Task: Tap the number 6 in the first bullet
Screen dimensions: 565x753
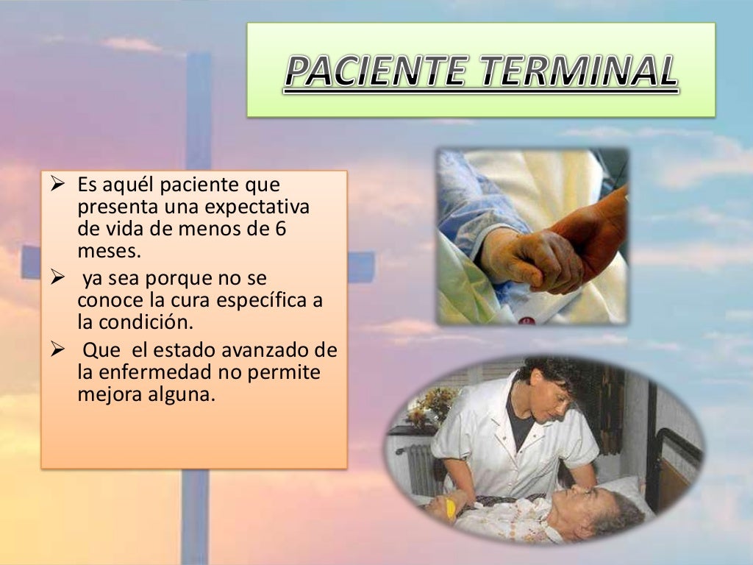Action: tap(280, 228)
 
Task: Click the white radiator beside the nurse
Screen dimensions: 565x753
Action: tap(421, 467)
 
